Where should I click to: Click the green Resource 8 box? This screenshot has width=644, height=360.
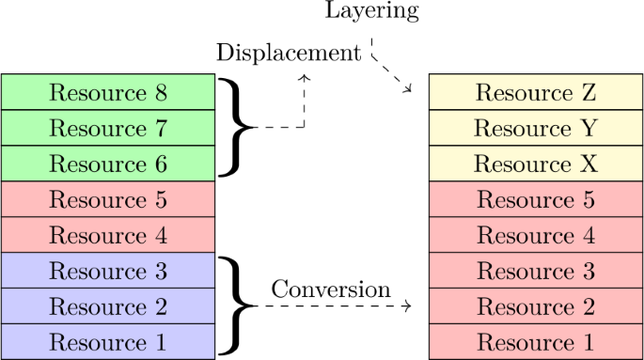(108, 93)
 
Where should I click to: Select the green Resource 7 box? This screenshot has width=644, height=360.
(108, 129)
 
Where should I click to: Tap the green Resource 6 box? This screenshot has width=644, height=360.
(108, 164)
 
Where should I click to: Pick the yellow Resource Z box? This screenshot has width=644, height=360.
(535, 93)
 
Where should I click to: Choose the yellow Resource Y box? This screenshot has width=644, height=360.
(535, 129)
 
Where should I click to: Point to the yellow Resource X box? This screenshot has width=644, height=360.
(535, 164)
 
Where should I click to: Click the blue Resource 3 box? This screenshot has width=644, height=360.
(108, 272)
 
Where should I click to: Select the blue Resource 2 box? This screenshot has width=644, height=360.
(108, 307)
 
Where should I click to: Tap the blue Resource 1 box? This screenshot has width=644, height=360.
(108, 342)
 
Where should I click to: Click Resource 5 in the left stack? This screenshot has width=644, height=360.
(108, 200)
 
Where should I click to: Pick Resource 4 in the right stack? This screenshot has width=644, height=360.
(535, 236)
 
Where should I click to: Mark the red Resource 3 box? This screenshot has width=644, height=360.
(535, 272)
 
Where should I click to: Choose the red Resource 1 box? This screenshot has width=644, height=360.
(535, 342)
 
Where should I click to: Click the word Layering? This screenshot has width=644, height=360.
(371, 12)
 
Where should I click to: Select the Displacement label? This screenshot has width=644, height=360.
(288, 52)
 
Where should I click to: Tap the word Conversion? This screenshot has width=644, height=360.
(329, 290)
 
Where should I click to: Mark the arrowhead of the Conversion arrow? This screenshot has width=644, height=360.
(407, 306)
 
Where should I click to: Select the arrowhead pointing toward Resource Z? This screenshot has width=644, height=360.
(408, 89)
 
